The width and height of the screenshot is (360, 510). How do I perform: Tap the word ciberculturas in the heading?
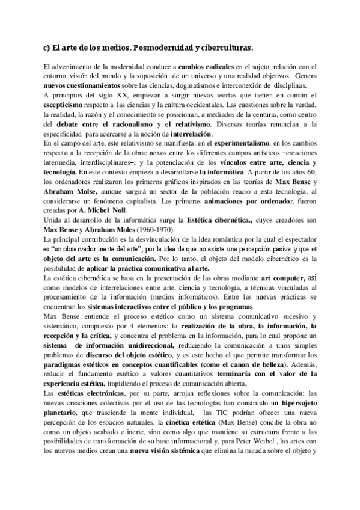click(x=222, y=47)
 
